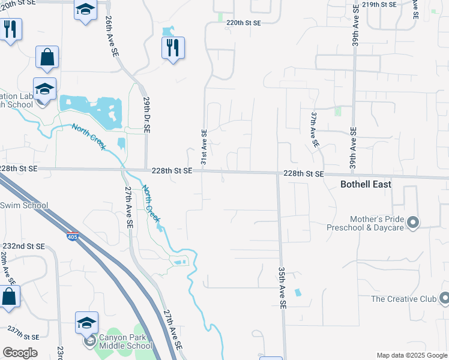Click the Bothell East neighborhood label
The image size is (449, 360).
(x=366, y=184)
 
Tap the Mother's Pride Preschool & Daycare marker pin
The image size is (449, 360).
(x=412, y=223)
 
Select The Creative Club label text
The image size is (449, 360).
(x=403, y=299)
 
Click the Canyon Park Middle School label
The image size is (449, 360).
(x=122, y=341)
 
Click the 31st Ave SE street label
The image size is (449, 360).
(x=203, y=148)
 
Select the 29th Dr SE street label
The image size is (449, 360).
(x=146, y=116)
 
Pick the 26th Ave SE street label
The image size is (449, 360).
(x=112, y=37)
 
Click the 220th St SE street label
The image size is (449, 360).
(x=244, y=23)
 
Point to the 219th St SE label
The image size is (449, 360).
(x=379, y=4)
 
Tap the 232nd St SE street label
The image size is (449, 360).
(x=23, y=246)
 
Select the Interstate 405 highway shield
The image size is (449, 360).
(x=73, y=236)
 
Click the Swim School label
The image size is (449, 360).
(x=24, y=206)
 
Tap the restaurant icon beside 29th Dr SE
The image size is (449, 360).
(x=173, y=47)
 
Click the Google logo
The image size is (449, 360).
(x=20, y=353)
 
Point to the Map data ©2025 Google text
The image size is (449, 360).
(x=412, y=355)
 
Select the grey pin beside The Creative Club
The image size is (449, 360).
(x=444, y=298)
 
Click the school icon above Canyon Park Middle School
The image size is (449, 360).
(x=87, y=322)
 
